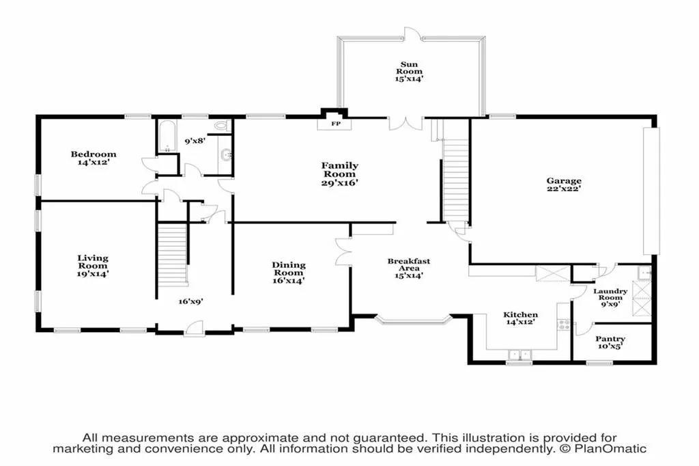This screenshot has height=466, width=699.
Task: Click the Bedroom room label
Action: click(93, 154)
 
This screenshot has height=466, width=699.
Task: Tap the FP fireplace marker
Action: click(336, 124)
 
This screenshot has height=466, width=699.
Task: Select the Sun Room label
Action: click(409, 68)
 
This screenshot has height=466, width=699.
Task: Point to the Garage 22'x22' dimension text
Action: click(564, 189)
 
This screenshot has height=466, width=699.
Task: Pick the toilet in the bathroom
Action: click(223, 126)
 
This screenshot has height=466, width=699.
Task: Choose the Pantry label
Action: click(610, 339)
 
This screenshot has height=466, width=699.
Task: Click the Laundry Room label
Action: click(610, 294)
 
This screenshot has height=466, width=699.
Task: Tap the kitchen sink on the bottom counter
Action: click(519, 355)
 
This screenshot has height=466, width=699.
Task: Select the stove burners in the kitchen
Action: click(564, 325)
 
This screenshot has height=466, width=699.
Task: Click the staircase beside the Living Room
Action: click(173, 254)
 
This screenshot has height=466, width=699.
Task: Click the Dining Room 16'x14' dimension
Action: click(289, 280)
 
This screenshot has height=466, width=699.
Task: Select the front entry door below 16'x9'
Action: click(195, 327)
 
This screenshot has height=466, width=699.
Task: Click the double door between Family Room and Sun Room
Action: click(405, 124)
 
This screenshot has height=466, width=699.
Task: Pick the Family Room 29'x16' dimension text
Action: click(340, 182)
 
